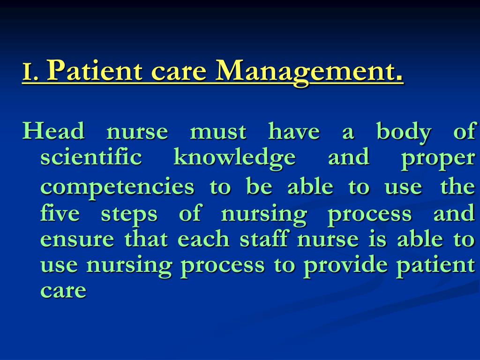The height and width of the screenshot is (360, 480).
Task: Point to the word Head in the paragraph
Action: coord(54,131)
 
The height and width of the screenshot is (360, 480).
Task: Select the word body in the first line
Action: coord(404,132)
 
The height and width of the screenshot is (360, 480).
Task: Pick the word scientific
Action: coord(91,157)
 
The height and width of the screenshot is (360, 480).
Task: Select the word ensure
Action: coord(77,240)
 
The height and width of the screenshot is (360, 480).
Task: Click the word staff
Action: coord(266,239)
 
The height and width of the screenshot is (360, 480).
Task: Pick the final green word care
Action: coord(63,291)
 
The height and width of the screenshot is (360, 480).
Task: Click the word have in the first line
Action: coord(294,131)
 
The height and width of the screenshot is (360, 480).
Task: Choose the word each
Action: coord(203,239)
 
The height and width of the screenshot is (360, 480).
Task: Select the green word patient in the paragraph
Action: coord(435,266)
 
